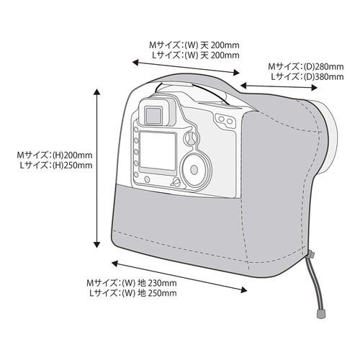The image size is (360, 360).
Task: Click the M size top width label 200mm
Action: [x=225, y=45]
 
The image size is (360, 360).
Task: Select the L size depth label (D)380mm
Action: [x=323, y=77]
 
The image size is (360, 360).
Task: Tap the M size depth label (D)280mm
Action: [x=323, y=66]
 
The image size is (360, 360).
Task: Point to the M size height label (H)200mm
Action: [x=72, y=156]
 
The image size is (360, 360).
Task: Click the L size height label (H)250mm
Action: [x=72, y=166]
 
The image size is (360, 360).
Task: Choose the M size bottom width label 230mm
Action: [x=162, y=283]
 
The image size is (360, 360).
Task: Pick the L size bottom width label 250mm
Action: [x=162, y=293]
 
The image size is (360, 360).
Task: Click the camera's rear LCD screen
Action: [x=158, y=150]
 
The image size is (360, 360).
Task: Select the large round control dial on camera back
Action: [x=195, y=170]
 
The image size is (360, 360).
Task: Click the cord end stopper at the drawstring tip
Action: [x=320, y=313]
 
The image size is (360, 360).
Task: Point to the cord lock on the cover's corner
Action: [x=312, y=254]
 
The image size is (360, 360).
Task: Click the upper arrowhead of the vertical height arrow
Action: [x=96, y=91]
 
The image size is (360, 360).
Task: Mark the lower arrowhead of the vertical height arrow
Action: [x=96, y=244]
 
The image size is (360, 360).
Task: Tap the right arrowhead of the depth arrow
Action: [x=315, y=88]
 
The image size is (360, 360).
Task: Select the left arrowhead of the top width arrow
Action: [x=136, y=63]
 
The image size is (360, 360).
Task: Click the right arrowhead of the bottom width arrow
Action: [x=243, y=290]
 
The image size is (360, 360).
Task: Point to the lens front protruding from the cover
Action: [x=329, y=137]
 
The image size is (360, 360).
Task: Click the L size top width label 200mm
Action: [x=225, y=55]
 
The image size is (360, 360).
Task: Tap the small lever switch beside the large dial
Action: [x=176, y=182]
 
